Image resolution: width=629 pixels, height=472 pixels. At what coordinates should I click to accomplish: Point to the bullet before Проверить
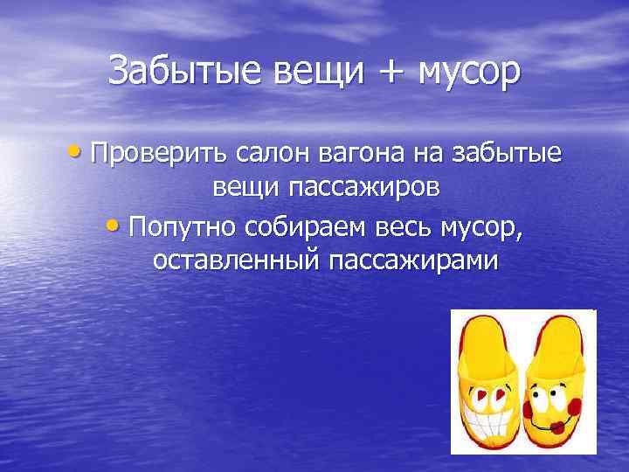pos(79,154)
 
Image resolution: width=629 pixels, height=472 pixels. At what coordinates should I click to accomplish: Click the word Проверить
pos(158,155)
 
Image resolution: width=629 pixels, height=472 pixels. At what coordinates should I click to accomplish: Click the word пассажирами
pos(414,261)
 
